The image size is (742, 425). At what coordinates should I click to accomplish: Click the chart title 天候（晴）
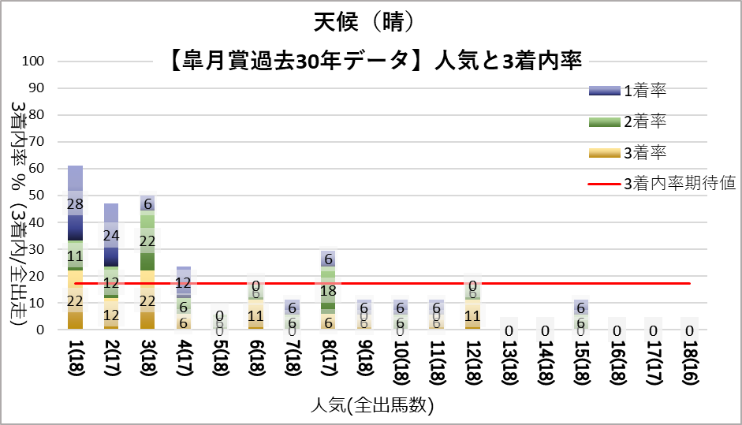pyautogui.click(x=371, y=22)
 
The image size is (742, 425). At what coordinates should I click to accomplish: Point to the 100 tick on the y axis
pyautogui.click(x=35, y=62)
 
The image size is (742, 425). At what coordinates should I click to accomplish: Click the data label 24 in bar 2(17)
pyautogui.click(x=111, y=236)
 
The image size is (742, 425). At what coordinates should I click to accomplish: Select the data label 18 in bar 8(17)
pyautogui.click(x=328, y=290)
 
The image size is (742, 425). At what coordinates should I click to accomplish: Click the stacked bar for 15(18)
pyautogui.click(x=581, y=315)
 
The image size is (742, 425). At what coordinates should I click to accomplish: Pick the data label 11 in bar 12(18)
pyautogui.click(x=472, y=316)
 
